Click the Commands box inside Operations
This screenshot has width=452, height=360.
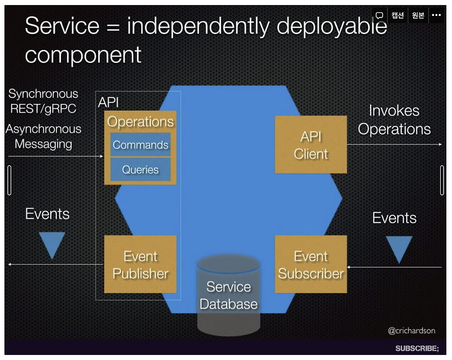coord(140,145)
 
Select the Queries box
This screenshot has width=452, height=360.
coord(140,170)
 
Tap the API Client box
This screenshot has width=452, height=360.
coord(311,145)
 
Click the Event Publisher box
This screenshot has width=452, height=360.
coord(140,264)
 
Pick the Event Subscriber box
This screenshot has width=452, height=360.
coord(311,264)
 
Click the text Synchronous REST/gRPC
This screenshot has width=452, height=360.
coord(43,101)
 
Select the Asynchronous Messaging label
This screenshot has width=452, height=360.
coord(44,136)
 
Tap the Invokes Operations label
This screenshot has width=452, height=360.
coord(394,120)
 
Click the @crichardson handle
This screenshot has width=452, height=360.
coord(411,331)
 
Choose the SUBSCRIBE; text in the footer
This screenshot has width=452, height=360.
coord(417,348)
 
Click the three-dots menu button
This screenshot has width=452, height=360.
coord(436,15)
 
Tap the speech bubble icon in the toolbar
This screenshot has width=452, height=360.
coord(380,15)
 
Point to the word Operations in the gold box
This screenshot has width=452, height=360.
coord(140,122)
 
